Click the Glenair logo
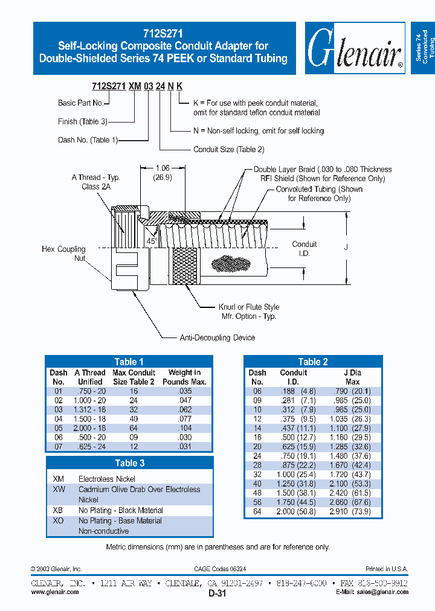(x=354, y=48)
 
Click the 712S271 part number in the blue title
(x=164, y=34)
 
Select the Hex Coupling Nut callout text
(x=63, y=254)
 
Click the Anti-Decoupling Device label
(x=217, y=337)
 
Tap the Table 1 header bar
(x=129, y=362)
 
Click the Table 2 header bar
(x=314, y=362)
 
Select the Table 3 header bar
(x=129, y=463)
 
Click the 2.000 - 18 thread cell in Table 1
(x=89, y=427)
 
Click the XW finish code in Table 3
(x=59, y=490)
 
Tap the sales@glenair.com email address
(x=381, y=592)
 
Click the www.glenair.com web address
(x=55, y=592)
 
